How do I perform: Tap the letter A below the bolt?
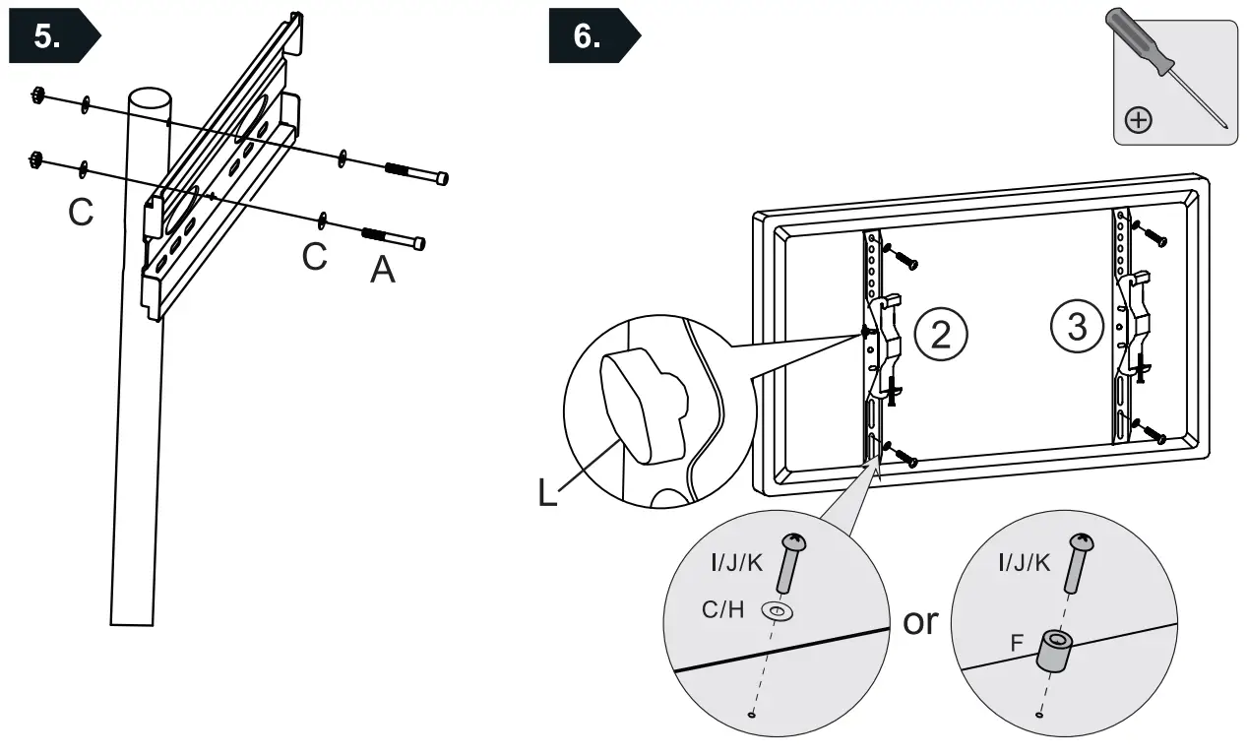(x=382, y=270)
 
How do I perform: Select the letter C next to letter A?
(x=314, y=256)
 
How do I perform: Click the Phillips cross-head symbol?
(x=1139, y=121)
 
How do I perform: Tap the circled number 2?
(x=941, y=335)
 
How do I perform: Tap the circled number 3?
(x=1077, y=326)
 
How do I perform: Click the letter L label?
(x=547, y=492)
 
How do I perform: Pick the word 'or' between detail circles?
(x=920, y=622)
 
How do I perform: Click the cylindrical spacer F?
(x=1057, y=650)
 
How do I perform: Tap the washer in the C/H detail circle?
(x=778, y=613)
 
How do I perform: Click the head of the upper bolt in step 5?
(x=442, y=178)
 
